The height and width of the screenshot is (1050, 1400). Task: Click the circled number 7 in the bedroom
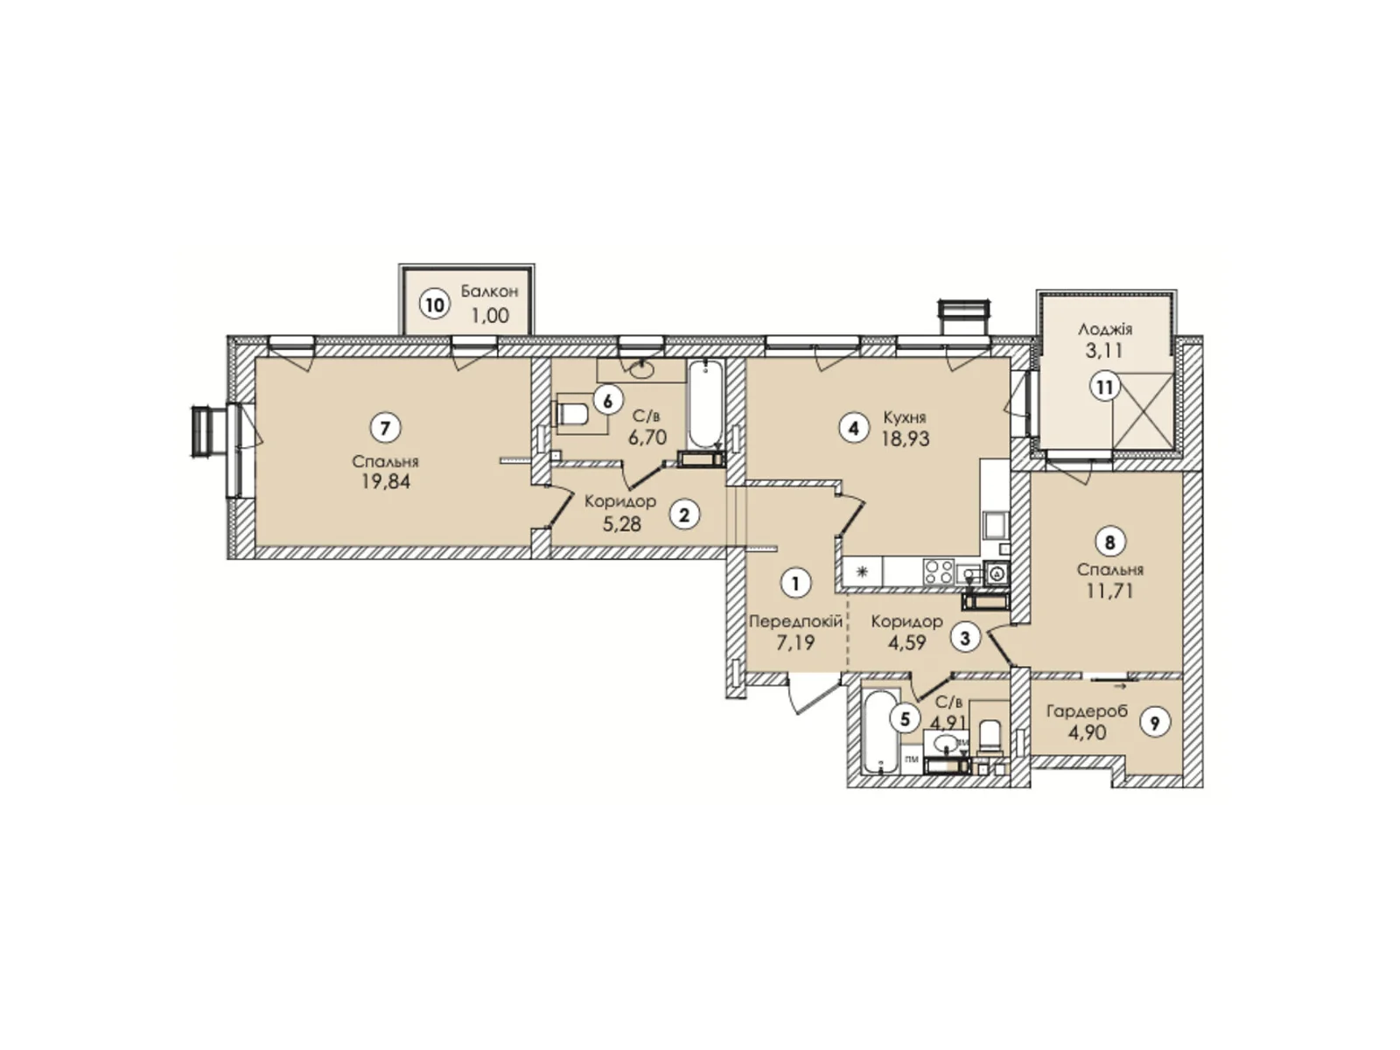(385, 428)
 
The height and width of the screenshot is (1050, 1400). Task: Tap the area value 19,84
(385, 481)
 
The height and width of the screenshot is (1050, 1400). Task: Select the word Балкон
(489, 291)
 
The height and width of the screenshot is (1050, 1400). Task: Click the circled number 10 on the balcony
(435, 304)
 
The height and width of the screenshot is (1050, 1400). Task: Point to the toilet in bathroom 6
(574, 413)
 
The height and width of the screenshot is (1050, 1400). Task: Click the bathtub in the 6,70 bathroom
(705, 404)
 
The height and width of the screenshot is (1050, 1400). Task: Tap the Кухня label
(904, 417)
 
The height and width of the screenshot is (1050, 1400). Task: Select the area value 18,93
(906, 439)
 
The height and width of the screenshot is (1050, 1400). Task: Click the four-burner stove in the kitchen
(939, 572)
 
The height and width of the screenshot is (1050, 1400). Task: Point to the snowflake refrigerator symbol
(862, 572)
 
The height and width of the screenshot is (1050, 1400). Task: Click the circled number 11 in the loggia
(1106, 386)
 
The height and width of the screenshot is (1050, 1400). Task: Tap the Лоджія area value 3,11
(1104, 351)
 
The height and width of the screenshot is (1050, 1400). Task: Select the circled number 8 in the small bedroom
(1109, 542)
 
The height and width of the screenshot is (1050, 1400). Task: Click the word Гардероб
(1087, 711)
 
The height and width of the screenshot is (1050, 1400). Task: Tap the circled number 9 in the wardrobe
(1156, 723)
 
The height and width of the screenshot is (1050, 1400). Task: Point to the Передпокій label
(795, 621)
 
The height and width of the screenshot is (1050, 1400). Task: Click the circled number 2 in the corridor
(684, 514)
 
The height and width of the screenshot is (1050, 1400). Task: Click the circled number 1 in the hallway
(795, 583)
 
